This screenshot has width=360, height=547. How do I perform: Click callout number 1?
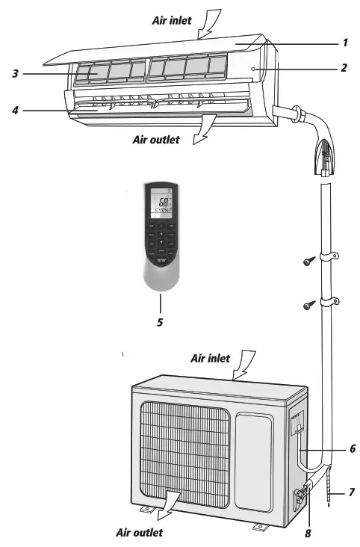tap(346, 43)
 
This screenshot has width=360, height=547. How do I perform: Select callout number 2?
tap(344, 68)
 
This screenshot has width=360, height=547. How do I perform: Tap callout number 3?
tap(15, 73)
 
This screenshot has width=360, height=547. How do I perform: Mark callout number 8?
tap(307, 534)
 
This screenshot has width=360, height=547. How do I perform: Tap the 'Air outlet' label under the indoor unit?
tap(156, 139)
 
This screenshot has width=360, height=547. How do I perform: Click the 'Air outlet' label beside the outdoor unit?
tap(139, 533)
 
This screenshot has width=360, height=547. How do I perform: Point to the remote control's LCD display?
tap(161, 203)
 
